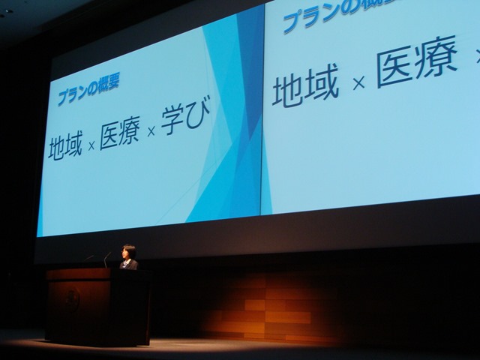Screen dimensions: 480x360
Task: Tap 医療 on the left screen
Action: (x=120, y=133)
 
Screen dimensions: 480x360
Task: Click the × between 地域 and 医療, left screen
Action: (x=91, y=146)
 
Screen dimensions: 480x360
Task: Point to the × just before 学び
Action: (x=151, y=132)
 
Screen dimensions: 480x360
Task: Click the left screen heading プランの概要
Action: (x=88, y=89)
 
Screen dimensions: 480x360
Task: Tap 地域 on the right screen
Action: (x=305, y=85)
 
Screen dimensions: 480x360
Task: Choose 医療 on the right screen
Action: (x=417, y=61)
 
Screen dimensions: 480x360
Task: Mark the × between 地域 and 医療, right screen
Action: (x=358, y=82)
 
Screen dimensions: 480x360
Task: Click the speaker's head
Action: (x=128, y=252)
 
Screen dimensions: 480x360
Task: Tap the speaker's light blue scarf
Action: (x=127, y=262)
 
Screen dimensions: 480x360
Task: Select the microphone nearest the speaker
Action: (x=107, y=259)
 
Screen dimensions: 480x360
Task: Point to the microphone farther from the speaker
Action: (x=89, y=258)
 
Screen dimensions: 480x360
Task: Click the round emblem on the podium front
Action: (x=73, y=298)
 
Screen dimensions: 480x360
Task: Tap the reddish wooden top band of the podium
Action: (x=79, y=274)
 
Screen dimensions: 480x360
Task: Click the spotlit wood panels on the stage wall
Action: (x=269, y=309)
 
